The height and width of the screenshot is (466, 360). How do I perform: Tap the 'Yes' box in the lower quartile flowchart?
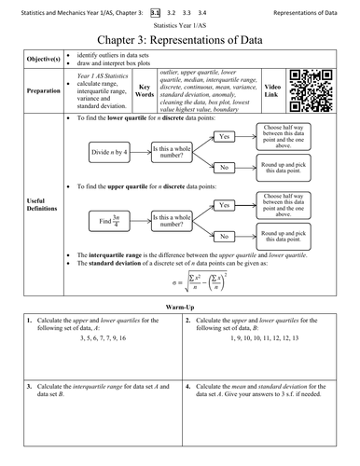(x=224, y=136)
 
